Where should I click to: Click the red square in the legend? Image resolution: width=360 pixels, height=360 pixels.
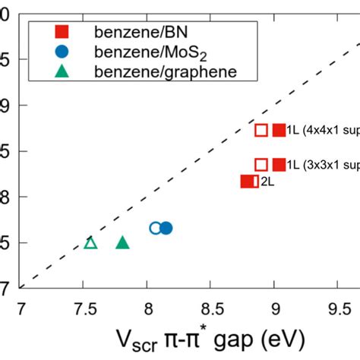pyautogui.click(x=63, y=32)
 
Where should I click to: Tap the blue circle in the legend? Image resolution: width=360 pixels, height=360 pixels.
pyautogui.click(x=63, y=52)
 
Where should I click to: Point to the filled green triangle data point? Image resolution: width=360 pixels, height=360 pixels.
pyautogui.click(x=122, y=242)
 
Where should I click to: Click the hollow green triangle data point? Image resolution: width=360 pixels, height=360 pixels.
pyautogui.click(x=90, y=242)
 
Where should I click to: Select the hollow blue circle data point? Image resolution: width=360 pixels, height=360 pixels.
pyautogui.click(x=156, y=228)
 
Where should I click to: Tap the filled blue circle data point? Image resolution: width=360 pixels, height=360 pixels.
pyautogui.click(x=166, y=228)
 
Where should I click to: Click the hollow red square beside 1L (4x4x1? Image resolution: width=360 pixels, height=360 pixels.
pyautogui.click(x=261, y=131)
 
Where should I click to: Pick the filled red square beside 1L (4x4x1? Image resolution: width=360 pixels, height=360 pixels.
pyautogui.click(x=279, y=131)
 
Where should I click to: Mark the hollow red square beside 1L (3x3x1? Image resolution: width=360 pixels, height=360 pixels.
pyautogui.click(x=261, y=164)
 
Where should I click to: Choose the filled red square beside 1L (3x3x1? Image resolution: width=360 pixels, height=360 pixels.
pyautogui.click(x=279, y=164)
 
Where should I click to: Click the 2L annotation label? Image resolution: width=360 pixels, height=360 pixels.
pyautogui.click(x=267, y=182)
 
